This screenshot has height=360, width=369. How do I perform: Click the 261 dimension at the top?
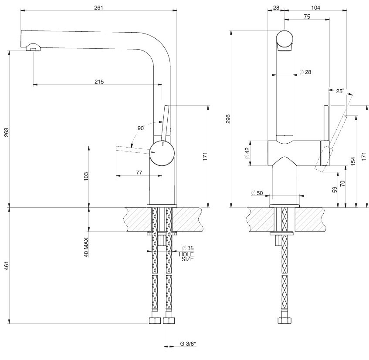point(98,7)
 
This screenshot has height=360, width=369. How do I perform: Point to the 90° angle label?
point(141,128)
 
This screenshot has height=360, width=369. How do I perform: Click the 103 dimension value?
point(86,176)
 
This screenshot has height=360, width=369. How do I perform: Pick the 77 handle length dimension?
point(139,173)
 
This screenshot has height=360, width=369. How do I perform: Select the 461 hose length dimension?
point(6,266)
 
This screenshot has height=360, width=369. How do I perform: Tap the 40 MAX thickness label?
point(86,247)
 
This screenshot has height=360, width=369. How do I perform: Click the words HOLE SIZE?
point(186,256)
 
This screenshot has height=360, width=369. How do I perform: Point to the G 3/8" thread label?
point(188,344)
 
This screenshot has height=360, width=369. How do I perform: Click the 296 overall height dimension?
point(228,119)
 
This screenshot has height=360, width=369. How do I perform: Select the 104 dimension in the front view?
point(316,7)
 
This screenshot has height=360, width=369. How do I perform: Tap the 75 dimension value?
point(307,17)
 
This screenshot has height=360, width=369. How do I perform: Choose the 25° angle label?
point(340,91)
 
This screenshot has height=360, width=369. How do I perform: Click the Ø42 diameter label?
point(247,153)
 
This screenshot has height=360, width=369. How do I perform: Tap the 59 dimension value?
point(334,190)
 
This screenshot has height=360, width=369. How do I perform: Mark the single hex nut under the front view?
point(285,321)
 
